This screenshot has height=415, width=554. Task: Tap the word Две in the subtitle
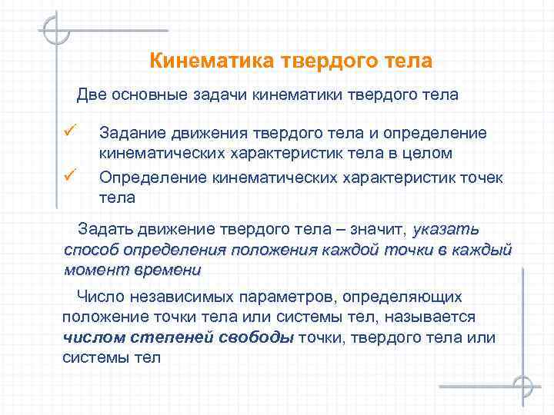(92, 95)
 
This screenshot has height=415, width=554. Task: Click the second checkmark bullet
(69, 177)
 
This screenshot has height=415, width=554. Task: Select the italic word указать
(446, 230)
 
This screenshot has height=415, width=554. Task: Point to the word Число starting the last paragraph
(98, 297)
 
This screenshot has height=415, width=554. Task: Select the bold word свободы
(255, 337)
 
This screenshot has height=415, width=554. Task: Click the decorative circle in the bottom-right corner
(523, 385)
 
